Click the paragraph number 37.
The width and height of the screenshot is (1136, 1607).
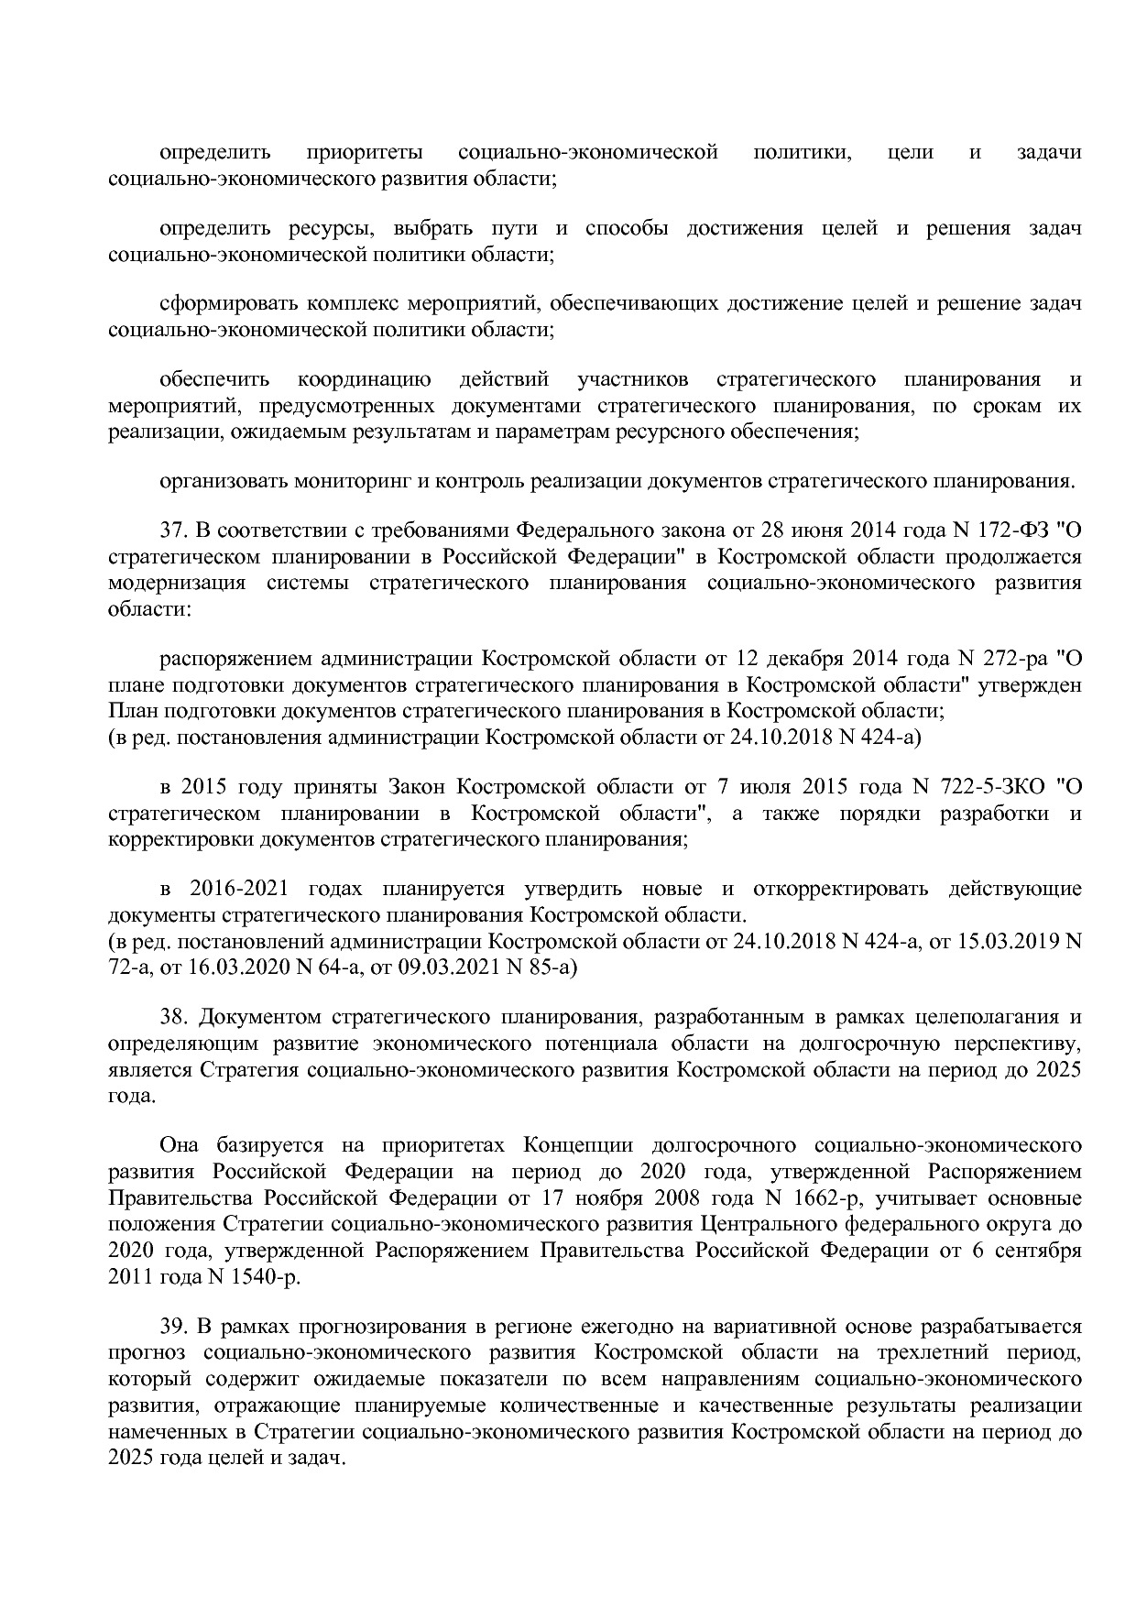(x=171, y=530)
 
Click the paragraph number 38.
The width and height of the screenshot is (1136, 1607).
(x=171, y=1017)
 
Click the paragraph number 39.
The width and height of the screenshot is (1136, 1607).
(x=171, y=1327)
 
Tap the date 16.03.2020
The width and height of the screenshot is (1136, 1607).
(x=207, y=967)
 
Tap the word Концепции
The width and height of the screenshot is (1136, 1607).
(x=575, y=1145)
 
